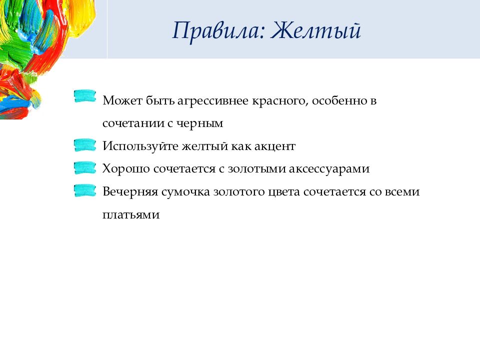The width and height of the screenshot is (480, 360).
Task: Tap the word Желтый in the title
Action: tap(316, 30)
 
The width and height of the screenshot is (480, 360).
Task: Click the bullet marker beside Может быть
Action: tap(85, 96)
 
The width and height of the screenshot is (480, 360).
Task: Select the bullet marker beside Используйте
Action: tap(85, 145)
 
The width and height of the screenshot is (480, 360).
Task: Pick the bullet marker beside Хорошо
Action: tap(85, 168)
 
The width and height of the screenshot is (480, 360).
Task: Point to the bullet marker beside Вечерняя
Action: tap(85, 190)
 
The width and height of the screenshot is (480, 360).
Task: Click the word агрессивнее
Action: tap(213, 101)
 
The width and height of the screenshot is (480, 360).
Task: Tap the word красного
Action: tap(280, 101)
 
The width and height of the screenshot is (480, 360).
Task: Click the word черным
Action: tap(200, 123)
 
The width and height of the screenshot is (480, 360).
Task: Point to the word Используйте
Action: tap(140, 146)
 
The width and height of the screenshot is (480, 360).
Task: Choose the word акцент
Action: tap(275, 146)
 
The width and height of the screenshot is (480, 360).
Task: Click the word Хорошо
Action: tap(126, 168)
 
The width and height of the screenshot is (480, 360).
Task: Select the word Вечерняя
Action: tap(130, 191)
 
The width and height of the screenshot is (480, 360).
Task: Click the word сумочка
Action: tap(185, 192)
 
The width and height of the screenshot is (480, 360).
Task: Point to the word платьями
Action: tap(131, 214)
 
